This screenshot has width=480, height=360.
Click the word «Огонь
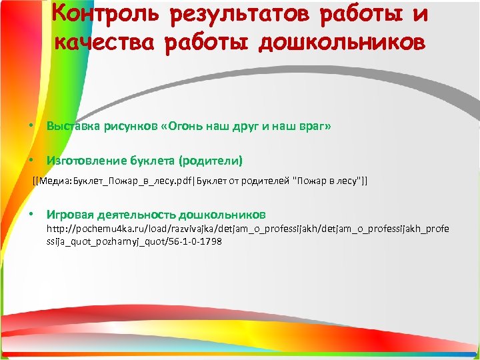182,126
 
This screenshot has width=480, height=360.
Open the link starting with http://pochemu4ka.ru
247,229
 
